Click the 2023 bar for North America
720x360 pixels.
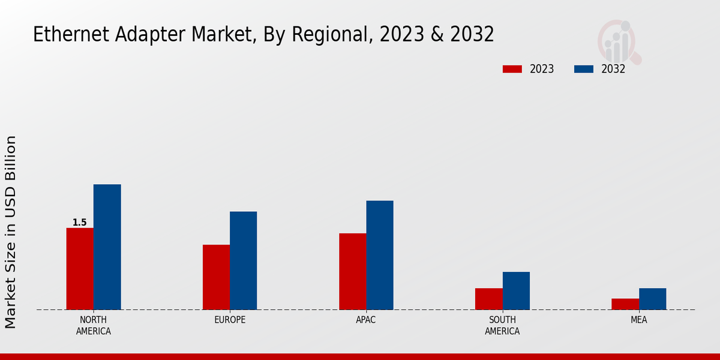tap(80, 269)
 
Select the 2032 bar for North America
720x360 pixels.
tap(107, 247)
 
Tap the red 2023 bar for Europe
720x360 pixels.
tap(216, 277)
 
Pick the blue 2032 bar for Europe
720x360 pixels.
tap(243, 260)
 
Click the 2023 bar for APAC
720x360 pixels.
tap(352, 271)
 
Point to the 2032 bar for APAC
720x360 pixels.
tap(380, 255)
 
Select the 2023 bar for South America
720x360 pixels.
tap(488, 299)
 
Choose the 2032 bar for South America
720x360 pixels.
tap(516, 291)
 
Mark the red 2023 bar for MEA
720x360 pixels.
tap(625, 304)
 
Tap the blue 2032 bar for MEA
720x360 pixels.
tap(652, 299)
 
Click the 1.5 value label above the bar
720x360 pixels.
tap(80, 223)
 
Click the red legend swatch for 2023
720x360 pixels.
tap(512, 69)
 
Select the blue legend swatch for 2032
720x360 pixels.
tap(583, 69)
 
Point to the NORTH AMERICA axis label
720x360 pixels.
tap(94, 325)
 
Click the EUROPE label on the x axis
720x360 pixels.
tap(230, 320)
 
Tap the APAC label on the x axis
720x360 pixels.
tap(366, 320)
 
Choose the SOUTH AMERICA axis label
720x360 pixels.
tap(502, 325)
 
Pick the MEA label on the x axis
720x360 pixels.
tap(638, 320)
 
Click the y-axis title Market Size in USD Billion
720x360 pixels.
tap(11, 232)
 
